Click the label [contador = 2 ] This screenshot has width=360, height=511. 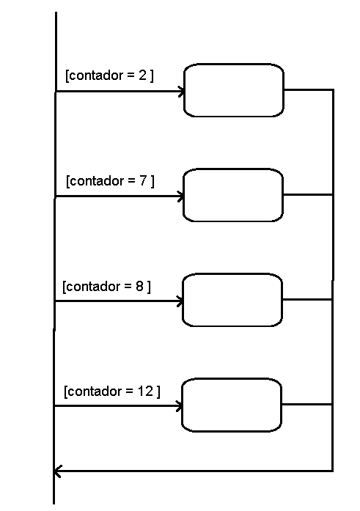(x=109, y=76)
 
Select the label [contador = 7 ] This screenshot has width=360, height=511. (x=110, y=181)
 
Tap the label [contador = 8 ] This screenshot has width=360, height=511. (x=106, y=287)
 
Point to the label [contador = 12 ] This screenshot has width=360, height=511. (x=112, y=391)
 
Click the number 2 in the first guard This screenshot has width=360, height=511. (x=143, y=76)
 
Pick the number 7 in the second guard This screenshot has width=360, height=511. (x=144, y=180)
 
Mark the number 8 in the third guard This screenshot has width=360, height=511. (x=139, y=286)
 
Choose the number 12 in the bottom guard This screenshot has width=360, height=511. (x=145, y=391)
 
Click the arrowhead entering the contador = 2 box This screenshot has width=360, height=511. (x=181, y=91)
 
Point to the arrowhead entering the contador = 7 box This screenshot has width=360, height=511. (x=181, y=196)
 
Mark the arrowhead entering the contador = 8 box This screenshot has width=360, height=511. (x=180, y=301)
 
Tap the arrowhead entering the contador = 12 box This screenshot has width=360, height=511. (x=180, y=406)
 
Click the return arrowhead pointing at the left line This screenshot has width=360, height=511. (x=57, y=471)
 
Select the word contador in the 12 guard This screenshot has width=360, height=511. (x=94, y=391)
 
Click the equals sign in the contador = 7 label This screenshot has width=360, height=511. (x=131, y=181)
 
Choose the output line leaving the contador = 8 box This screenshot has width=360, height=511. (x=307, y=299)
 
